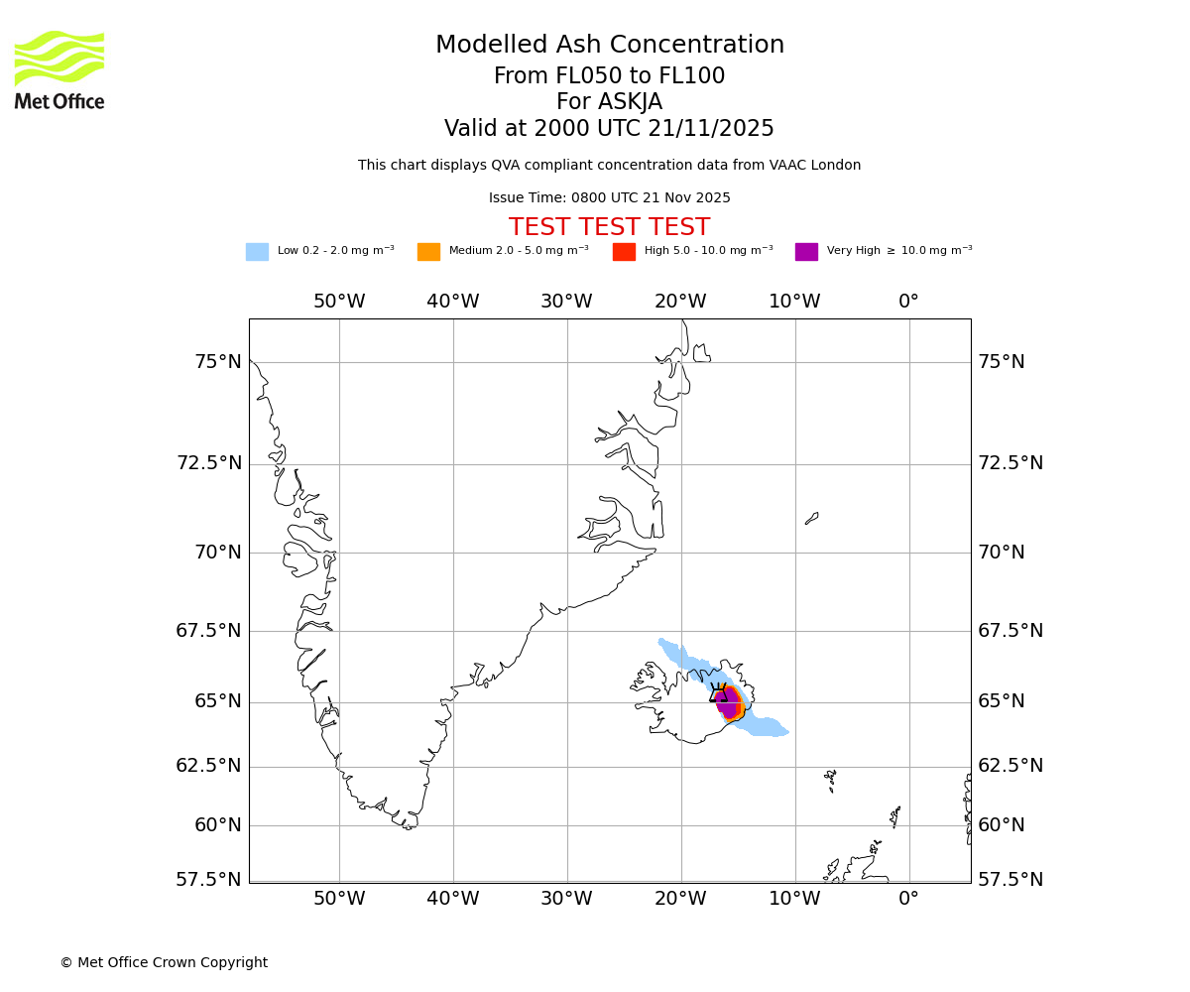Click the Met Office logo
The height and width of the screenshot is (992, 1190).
pyautogui.click(x=59, y=70)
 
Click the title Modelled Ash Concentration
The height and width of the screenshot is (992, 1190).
pyautogui.click(x=610, y=46)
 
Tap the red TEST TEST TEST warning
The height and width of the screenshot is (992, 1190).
pyautogui.click(x=609, y=227)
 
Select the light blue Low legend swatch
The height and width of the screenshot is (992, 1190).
pyautogui.click(x=257, y=252)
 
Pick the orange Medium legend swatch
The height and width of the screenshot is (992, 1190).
pyautogui.click(x=428, y=252)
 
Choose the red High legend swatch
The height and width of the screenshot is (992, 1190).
pyautogui.click(x=624, y=252)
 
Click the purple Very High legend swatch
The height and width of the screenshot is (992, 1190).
pyautogui.click(x=806, y=252)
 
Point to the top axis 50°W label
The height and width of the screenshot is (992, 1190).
pyautogui.click(x=339, y=302)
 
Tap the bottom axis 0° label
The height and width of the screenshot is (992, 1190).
pyautogui.click(x=908, y=899)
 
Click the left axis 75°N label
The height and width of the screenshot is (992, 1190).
pyautogui.click(x=217, y=362)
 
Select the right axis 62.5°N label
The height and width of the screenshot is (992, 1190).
pyautogui.click(x=1011, y=766)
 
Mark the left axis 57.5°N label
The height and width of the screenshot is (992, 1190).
pyautogui.click(x=208, y=880)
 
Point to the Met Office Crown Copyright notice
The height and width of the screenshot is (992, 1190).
pyautogui.click(x=164, y=962)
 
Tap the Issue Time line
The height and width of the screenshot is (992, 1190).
pyautogui.click(x=609, y=198)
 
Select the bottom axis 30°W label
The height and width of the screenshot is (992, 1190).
pyautogui.click(x=566, y=899)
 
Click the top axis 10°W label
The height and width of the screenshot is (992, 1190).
pyautogui.click(x=794, y=302)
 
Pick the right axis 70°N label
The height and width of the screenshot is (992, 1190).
pyautogui.click(x=1002, y=553)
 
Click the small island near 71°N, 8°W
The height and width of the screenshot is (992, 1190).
pyautogui.click(x=811, y=518)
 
